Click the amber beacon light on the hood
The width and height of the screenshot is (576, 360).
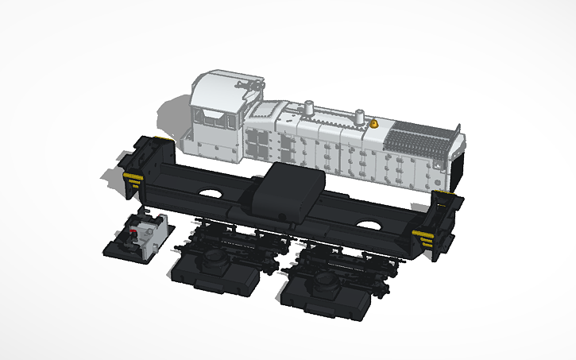tap(374, 123)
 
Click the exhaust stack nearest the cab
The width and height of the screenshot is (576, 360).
tap(310, 107)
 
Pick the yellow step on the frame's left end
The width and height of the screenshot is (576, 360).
tap(132, 176)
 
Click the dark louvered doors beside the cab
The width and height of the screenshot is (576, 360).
tap(258, 143)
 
